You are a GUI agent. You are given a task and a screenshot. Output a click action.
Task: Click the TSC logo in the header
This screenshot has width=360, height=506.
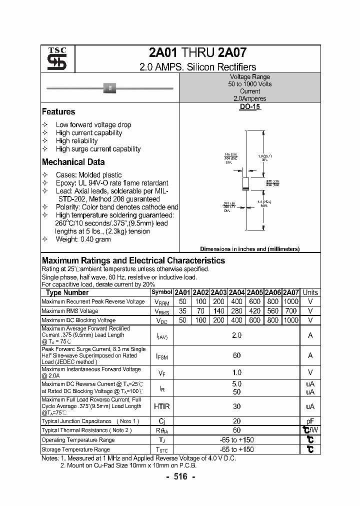pyautogui.click(x=53, y=59)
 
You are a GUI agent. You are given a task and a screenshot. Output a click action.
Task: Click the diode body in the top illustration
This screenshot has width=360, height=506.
pyautogui.click(x=109, y=88)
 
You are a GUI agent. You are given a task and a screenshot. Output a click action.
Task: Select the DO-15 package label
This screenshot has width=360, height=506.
pyautogui.click(x=249, y=107)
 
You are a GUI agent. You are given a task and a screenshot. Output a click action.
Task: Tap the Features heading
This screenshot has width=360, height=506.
pyautogui.click(x=58, y=112)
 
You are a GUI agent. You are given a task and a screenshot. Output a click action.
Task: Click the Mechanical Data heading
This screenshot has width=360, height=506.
pyautogui.click(x=73, y=162)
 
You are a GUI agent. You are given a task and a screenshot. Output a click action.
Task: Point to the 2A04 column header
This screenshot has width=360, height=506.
pyautogui.click(x=237, y=292)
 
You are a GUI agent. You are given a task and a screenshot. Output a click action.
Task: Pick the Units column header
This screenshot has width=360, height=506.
pyautogui.click(x=310, y=292)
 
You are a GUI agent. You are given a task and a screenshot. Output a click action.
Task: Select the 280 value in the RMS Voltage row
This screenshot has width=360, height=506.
pyautogui.click(x=237, y=311)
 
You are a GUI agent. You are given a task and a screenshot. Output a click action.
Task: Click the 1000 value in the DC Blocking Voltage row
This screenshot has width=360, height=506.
pyautogui.click(x=290, y=320)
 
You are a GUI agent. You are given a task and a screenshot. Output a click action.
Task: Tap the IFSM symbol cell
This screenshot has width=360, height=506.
pyautogui.click(x=161, y=355)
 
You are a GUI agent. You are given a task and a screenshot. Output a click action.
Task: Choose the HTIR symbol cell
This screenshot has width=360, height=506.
pyautogui.click(x=161, y=406)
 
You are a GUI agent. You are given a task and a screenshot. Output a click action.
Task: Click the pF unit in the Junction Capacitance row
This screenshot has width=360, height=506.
pyautogui.click(x=310, y=421)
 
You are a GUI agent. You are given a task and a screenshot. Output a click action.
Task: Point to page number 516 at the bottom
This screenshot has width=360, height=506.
pyautogui.click(x=180, y=477)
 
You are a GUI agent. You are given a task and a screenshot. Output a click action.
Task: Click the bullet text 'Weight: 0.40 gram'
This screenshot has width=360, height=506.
pyautogui.click(x=83, y=239)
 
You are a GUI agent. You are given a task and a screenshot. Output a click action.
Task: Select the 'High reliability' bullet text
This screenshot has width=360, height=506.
pyautogui.click(x=76, y=141)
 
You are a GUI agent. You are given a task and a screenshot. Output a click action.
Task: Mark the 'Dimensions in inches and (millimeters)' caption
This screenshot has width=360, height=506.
pyautogui.click(x=249, y=249)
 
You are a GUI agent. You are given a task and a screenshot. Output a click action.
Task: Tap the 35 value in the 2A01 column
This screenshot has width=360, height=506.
pyautogui.click(x=182, y=311)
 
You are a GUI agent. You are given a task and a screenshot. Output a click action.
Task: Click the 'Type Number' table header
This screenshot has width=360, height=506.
pyautogui.click(x=67, y=292)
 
